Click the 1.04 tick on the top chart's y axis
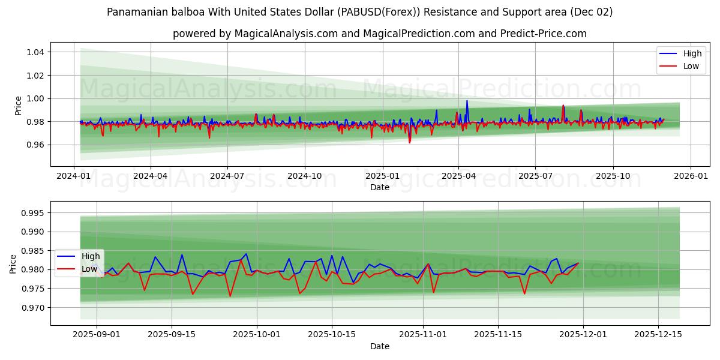coord(35,52)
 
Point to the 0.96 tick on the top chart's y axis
coord(35,145)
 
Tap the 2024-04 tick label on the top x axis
coord(150,176)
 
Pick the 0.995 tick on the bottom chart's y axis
coord(31,213)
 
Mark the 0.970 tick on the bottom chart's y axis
coord(31,307)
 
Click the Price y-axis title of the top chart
coord(18,106)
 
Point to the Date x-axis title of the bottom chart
coord(379,346)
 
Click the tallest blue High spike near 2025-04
coord(467,101)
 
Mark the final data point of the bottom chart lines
coord(578,263)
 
